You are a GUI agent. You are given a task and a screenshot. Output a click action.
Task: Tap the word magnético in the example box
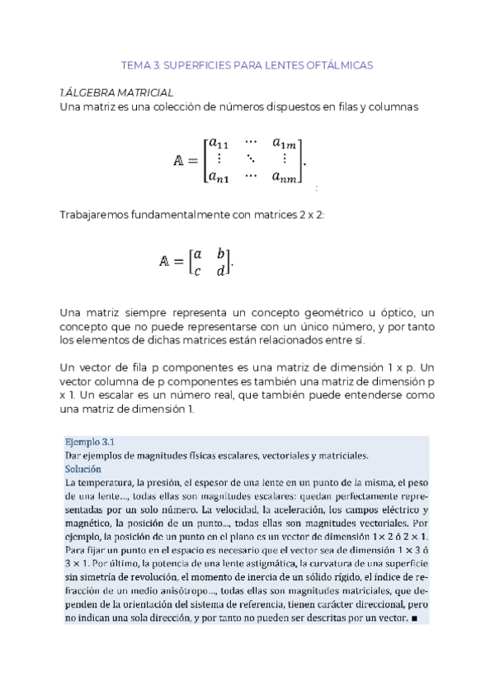[x=90, y=523]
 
